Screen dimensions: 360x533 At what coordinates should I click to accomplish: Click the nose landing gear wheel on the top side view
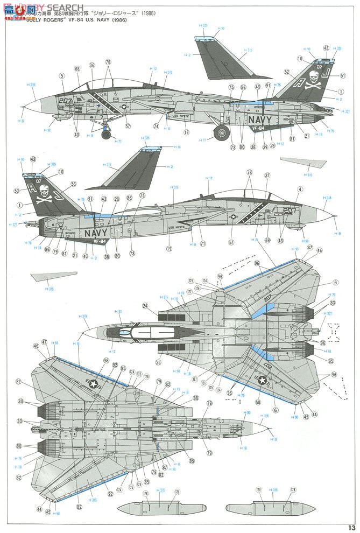point(105,135)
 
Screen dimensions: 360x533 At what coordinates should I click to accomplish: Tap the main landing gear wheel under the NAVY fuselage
point(221,133)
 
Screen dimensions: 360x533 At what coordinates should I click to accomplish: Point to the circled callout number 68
point(77,68)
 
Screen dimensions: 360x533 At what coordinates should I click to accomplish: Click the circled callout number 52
point(287,72)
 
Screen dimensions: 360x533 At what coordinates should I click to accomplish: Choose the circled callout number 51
point(343,75)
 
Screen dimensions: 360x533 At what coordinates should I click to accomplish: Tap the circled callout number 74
point(156,127)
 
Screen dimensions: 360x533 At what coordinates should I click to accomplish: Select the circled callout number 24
point(145,306)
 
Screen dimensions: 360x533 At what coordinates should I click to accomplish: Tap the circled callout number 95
point(330,361)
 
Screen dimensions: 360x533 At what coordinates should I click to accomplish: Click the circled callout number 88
point(195,398)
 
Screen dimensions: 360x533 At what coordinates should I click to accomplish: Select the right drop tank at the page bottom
point(266,508)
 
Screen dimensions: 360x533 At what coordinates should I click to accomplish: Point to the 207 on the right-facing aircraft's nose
point(66,101)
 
